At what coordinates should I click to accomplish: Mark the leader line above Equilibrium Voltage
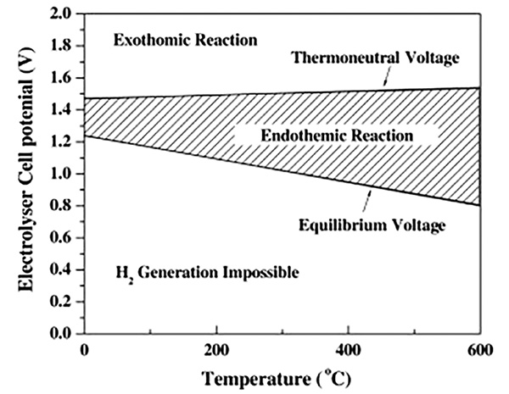click(365, 201)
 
